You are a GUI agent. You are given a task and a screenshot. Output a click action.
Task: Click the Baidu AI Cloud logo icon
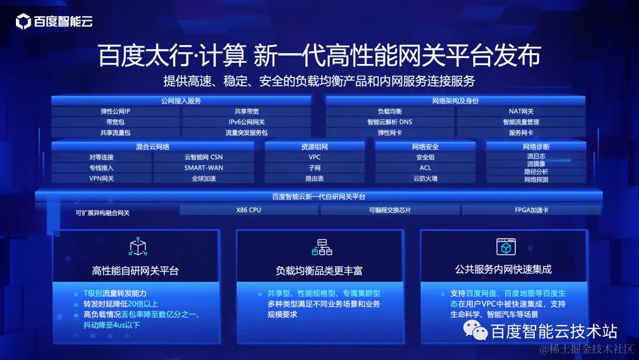(23, 22)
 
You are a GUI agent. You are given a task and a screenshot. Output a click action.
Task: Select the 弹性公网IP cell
(115, 111)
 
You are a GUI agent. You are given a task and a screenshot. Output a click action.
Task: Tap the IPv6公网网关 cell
(247, 122)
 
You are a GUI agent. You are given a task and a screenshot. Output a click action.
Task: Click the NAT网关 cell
(521, 111)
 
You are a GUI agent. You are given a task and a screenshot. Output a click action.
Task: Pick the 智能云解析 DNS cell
(390, 122)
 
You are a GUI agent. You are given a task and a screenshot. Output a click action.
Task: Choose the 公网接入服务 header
(181, 101)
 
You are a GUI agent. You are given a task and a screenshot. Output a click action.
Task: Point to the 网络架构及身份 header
(456, 101)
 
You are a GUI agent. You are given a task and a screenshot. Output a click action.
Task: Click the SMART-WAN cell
(204, 168)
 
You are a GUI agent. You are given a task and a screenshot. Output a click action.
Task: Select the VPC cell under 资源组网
(314, 157)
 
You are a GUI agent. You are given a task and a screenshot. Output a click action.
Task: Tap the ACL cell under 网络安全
(425, 168)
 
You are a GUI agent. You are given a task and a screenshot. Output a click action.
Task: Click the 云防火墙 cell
(425, 178)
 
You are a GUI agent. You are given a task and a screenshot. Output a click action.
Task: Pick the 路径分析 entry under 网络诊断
(536, 172)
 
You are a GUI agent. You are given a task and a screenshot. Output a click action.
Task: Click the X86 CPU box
(248, 210)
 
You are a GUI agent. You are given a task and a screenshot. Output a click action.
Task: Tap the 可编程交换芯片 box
(390, 210)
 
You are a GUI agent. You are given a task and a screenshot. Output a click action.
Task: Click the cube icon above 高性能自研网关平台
(138, 247)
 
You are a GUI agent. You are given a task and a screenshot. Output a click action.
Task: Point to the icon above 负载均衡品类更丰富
(322, 247)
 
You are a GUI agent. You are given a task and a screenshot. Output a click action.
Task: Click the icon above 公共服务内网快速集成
(505, 246)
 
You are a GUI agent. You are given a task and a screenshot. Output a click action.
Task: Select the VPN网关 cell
(101, 178)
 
